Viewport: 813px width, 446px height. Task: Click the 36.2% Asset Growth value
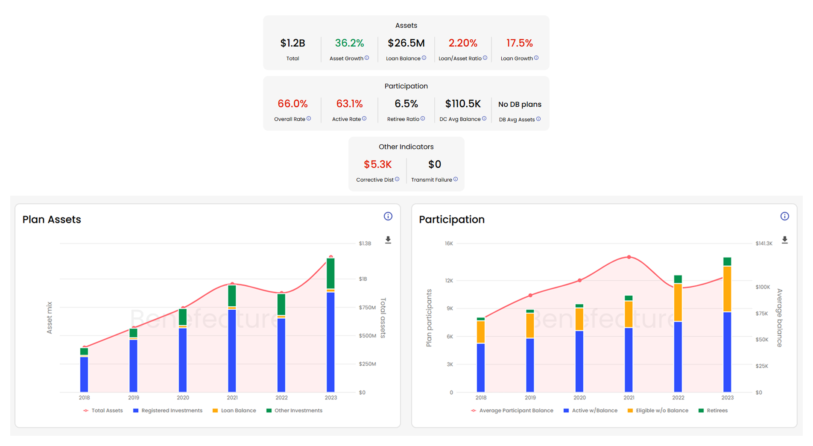(349, 43)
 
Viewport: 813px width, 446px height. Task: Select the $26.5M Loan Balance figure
(406, 43)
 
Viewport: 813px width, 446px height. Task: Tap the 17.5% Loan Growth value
(519, 43)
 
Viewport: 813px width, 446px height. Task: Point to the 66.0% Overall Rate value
(292, 104)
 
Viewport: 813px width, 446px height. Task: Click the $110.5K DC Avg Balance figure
(463, 104)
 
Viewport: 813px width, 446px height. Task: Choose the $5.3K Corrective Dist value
(377, 164)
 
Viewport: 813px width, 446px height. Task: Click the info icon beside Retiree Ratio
(423, 119)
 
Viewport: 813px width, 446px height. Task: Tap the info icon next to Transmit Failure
(456, 179)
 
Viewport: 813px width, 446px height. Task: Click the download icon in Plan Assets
(388, 240)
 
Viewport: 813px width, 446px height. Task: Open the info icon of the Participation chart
(785, 216)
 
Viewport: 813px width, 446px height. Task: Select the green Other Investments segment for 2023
(330, 273)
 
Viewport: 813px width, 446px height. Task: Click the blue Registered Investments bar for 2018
(84, 374)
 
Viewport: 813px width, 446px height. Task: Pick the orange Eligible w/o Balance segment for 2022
(678, 302)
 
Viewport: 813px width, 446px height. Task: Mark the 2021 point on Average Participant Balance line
(629, 257)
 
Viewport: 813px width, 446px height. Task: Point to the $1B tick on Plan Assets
(363, 279)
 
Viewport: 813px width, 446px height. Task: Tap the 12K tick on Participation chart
(449, 281)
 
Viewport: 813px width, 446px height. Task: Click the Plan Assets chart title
(52, 220)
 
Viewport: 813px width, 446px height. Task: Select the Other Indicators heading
(406, 147)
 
